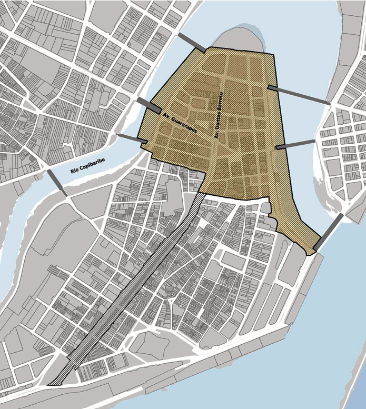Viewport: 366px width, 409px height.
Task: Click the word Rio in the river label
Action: click(x=75, y=171)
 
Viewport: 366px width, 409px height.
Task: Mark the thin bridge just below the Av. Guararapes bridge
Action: click(x=130, y=139)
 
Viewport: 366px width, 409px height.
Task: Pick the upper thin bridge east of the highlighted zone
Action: click(x=299, y=95)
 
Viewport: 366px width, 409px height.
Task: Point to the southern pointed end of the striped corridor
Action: click(x=50, y=385)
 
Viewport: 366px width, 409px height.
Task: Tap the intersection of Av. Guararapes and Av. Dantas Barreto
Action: click(x=213, y=143)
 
